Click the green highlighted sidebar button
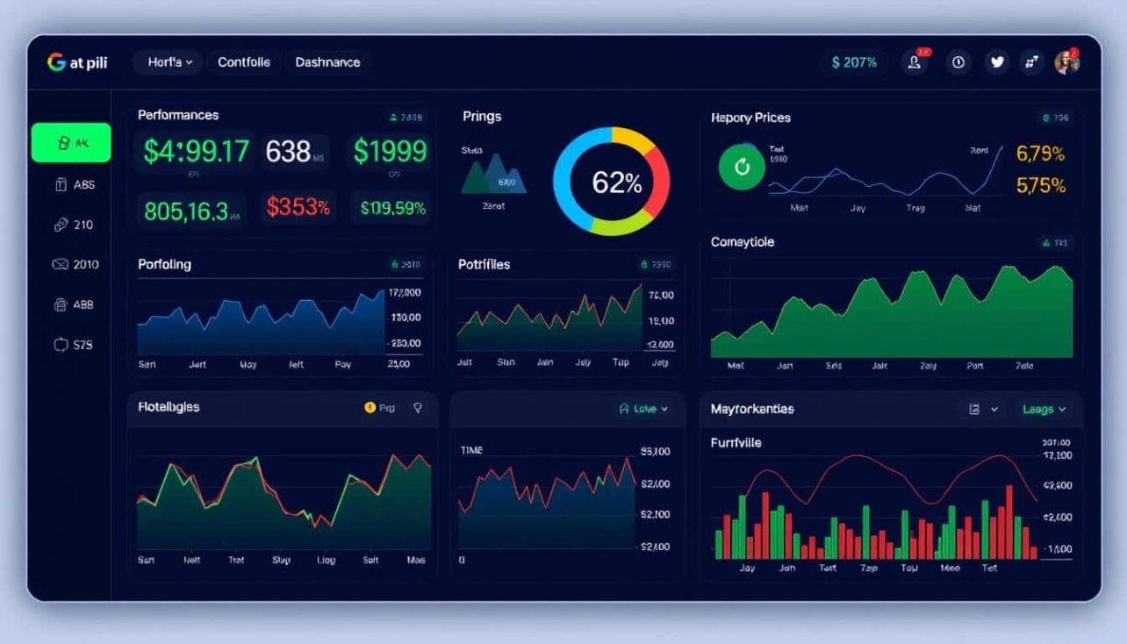point(71,143)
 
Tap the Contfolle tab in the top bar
point(244,62)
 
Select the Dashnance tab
point(327,62)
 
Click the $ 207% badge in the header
point(854,62)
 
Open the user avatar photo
point(1067,61)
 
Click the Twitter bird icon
point(996,61)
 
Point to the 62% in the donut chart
point(616,182)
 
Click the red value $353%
point(298,208)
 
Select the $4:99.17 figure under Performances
point(197,152)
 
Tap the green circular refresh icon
point(743,167)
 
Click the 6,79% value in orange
point(1040,154)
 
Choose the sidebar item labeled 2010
point(75,264)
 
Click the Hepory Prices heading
point(750,118)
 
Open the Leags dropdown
point(1044,409)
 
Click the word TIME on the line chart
point(472,450)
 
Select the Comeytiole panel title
point(743,242)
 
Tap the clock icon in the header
point(958,61)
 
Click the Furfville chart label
point(736,443)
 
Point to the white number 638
point(289,152)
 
